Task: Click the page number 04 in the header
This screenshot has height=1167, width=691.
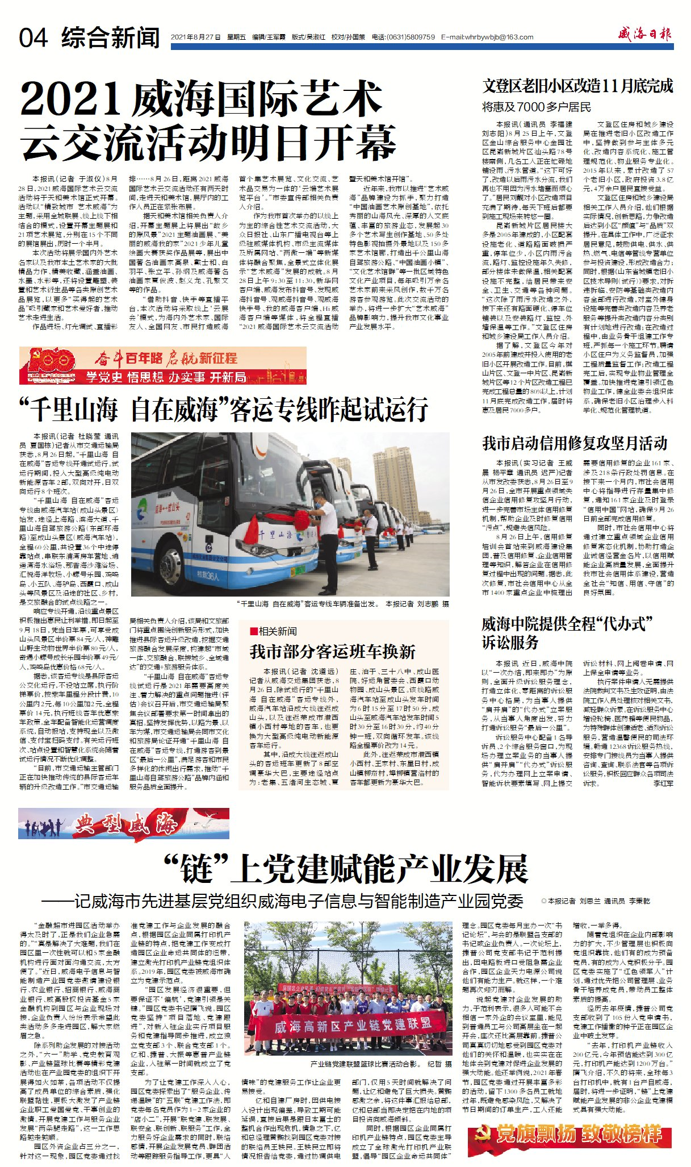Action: (33, 38)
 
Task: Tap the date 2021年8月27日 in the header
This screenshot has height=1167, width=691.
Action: (195, 37)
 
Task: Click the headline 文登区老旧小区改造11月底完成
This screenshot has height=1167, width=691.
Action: (577, 86)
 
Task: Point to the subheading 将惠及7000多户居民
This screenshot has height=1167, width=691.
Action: (536, 107)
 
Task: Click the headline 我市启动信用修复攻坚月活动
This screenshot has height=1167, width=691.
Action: (575, 443)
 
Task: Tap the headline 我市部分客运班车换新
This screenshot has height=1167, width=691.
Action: (332, 652)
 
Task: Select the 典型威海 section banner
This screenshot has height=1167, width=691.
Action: (124, 823)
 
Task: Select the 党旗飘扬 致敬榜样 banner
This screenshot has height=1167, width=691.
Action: (570, 1134)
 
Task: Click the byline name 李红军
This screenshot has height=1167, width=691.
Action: (663, 783)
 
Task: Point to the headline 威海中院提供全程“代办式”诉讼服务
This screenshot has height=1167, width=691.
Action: (567, 633)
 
